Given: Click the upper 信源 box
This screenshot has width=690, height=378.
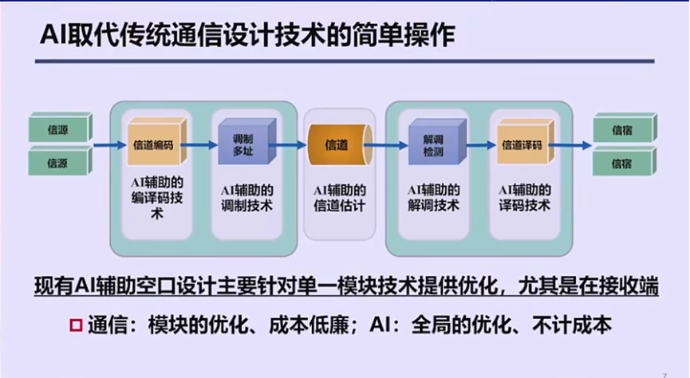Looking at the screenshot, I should click(x=58, y=128).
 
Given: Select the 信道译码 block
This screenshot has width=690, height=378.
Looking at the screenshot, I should click(x=521, y=144).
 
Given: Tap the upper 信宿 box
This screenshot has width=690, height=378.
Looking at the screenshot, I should click(x=624, y=128).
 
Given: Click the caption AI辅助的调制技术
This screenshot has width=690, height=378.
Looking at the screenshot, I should click(x=248, y=198).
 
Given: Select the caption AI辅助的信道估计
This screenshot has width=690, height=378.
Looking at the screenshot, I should click(x=340, y=198).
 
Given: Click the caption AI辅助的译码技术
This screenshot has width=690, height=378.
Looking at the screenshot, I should click(x=523, y=198).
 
